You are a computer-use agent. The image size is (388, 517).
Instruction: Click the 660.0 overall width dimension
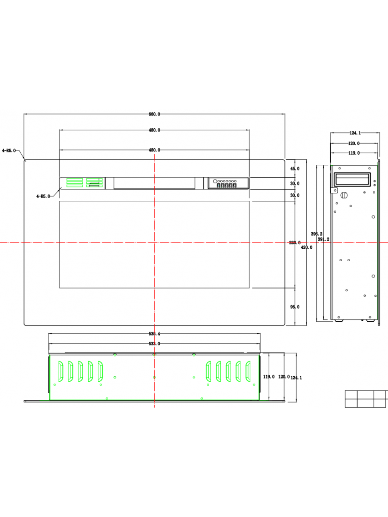coord(154,114)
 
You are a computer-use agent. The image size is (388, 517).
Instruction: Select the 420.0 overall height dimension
coord(307,247)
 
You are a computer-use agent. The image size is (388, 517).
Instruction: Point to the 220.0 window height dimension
coord(295,243)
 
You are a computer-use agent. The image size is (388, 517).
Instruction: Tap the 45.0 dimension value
coord(295,168)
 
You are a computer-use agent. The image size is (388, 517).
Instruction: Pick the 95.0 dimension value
coord(295,307)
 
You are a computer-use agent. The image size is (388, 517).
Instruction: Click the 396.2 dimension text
coord(317,234)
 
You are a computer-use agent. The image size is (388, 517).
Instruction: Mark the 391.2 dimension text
coord(324,239)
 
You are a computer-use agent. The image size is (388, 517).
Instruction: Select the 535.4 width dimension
coord(154,334)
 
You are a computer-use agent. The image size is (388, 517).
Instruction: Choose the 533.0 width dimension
coord(154,343)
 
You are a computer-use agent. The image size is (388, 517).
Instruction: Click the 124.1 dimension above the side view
coord(355,133)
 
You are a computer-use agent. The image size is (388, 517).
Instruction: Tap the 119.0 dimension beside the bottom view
coord(269,377)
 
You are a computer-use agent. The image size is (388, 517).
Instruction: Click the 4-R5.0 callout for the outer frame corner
coord(9,150)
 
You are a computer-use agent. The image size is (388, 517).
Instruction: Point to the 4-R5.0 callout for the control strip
coord(43,196)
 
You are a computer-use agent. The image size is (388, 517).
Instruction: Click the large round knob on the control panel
coord(215,181)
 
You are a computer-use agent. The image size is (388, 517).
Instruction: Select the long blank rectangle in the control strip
coord(154,183)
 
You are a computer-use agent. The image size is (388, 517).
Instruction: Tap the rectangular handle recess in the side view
coord(352,180)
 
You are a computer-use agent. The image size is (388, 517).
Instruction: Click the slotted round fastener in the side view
coord(344,195)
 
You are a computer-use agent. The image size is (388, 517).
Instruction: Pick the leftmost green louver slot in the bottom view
coord(61,371)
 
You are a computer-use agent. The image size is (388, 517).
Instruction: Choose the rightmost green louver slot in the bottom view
coord(248,371)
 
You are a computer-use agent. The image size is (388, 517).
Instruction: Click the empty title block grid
coord(366,399)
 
